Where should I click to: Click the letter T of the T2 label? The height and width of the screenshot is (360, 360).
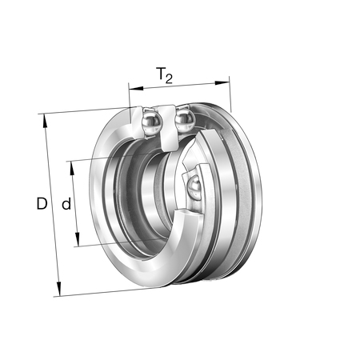(x=161, y=74)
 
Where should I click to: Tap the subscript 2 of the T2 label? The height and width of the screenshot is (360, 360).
(x=169, y=79)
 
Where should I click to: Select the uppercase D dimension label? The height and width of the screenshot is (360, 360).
(x=42, y=203)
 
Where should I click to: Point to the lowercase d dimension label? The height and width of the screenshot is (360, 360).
(x=66, y=204)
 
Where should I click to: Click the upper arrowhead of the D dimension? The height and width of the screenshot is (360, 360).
(x=45, y=121)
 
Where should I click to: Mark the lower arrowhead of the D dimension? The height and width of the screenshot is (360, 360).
(x=58, y=290)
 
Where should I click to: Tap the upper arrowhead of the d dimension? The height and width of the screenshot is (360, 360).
(x=72, y=168)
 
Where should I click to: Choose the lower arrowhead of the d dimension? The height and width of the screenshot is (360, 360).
(x=78, y=239)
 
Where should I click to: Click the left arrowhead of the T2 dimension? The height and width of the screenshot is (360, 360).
(x=136, y=88)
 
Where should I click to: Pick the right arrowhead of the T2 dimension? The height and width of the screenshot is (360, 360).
(x=222, y=83)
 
